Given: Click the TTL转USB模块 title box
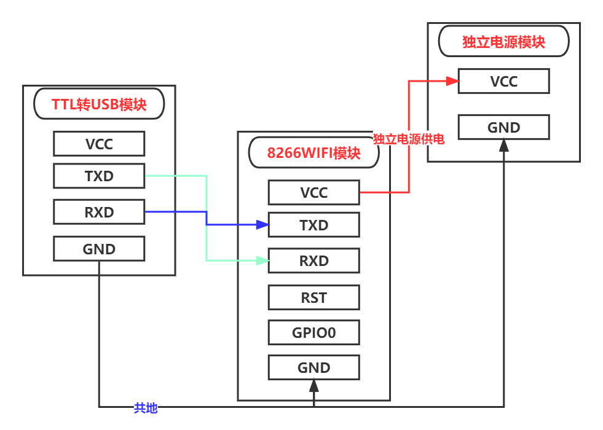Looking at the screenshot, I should pos(99,104).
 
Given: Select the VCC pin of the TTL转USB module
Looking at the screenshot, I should pos(99,144).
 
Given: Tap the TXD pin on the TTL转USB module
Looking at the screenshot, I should pos(99,176).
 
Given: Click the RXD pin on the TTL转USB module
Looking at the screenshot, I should pos(99,213).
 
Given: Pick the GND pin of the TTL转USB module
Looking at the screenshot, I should pos(99,249).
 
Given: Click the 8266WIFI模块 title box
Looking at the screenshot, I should pos(313,152).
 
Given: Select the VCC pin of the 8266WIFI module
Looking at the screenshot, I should pos(313,192).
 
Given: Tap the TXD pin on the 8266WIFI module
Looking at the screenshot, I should pos(313,225).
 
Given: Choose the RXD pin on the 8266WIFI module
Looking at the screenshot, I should pos(313,260).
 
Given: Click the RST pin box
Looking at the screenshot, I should pos(313,297).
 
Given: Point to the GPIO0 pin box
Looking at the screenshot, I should pos(313,332).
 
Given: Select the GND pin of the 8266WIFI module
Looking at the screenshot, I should pos(313,367).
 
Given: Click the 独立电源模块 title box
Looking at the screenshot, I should pos(503,42).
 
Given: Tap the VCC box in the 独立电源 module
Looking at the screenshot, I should pos(503,81).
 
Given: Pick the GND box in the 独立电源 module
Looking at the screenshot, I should pos(503,127).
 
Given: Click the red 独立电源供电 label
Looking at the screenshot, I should pos(408,139).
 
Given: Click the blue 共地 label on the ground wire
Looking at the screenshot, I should pos(146,407).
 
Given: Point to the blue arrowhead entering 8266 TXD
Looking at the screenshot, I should pos(262,225).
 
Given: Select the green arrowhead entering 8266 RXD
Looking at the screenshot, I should pos(262,261).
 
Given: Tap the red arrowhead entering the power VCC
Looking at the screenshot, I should pos(452,81).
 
